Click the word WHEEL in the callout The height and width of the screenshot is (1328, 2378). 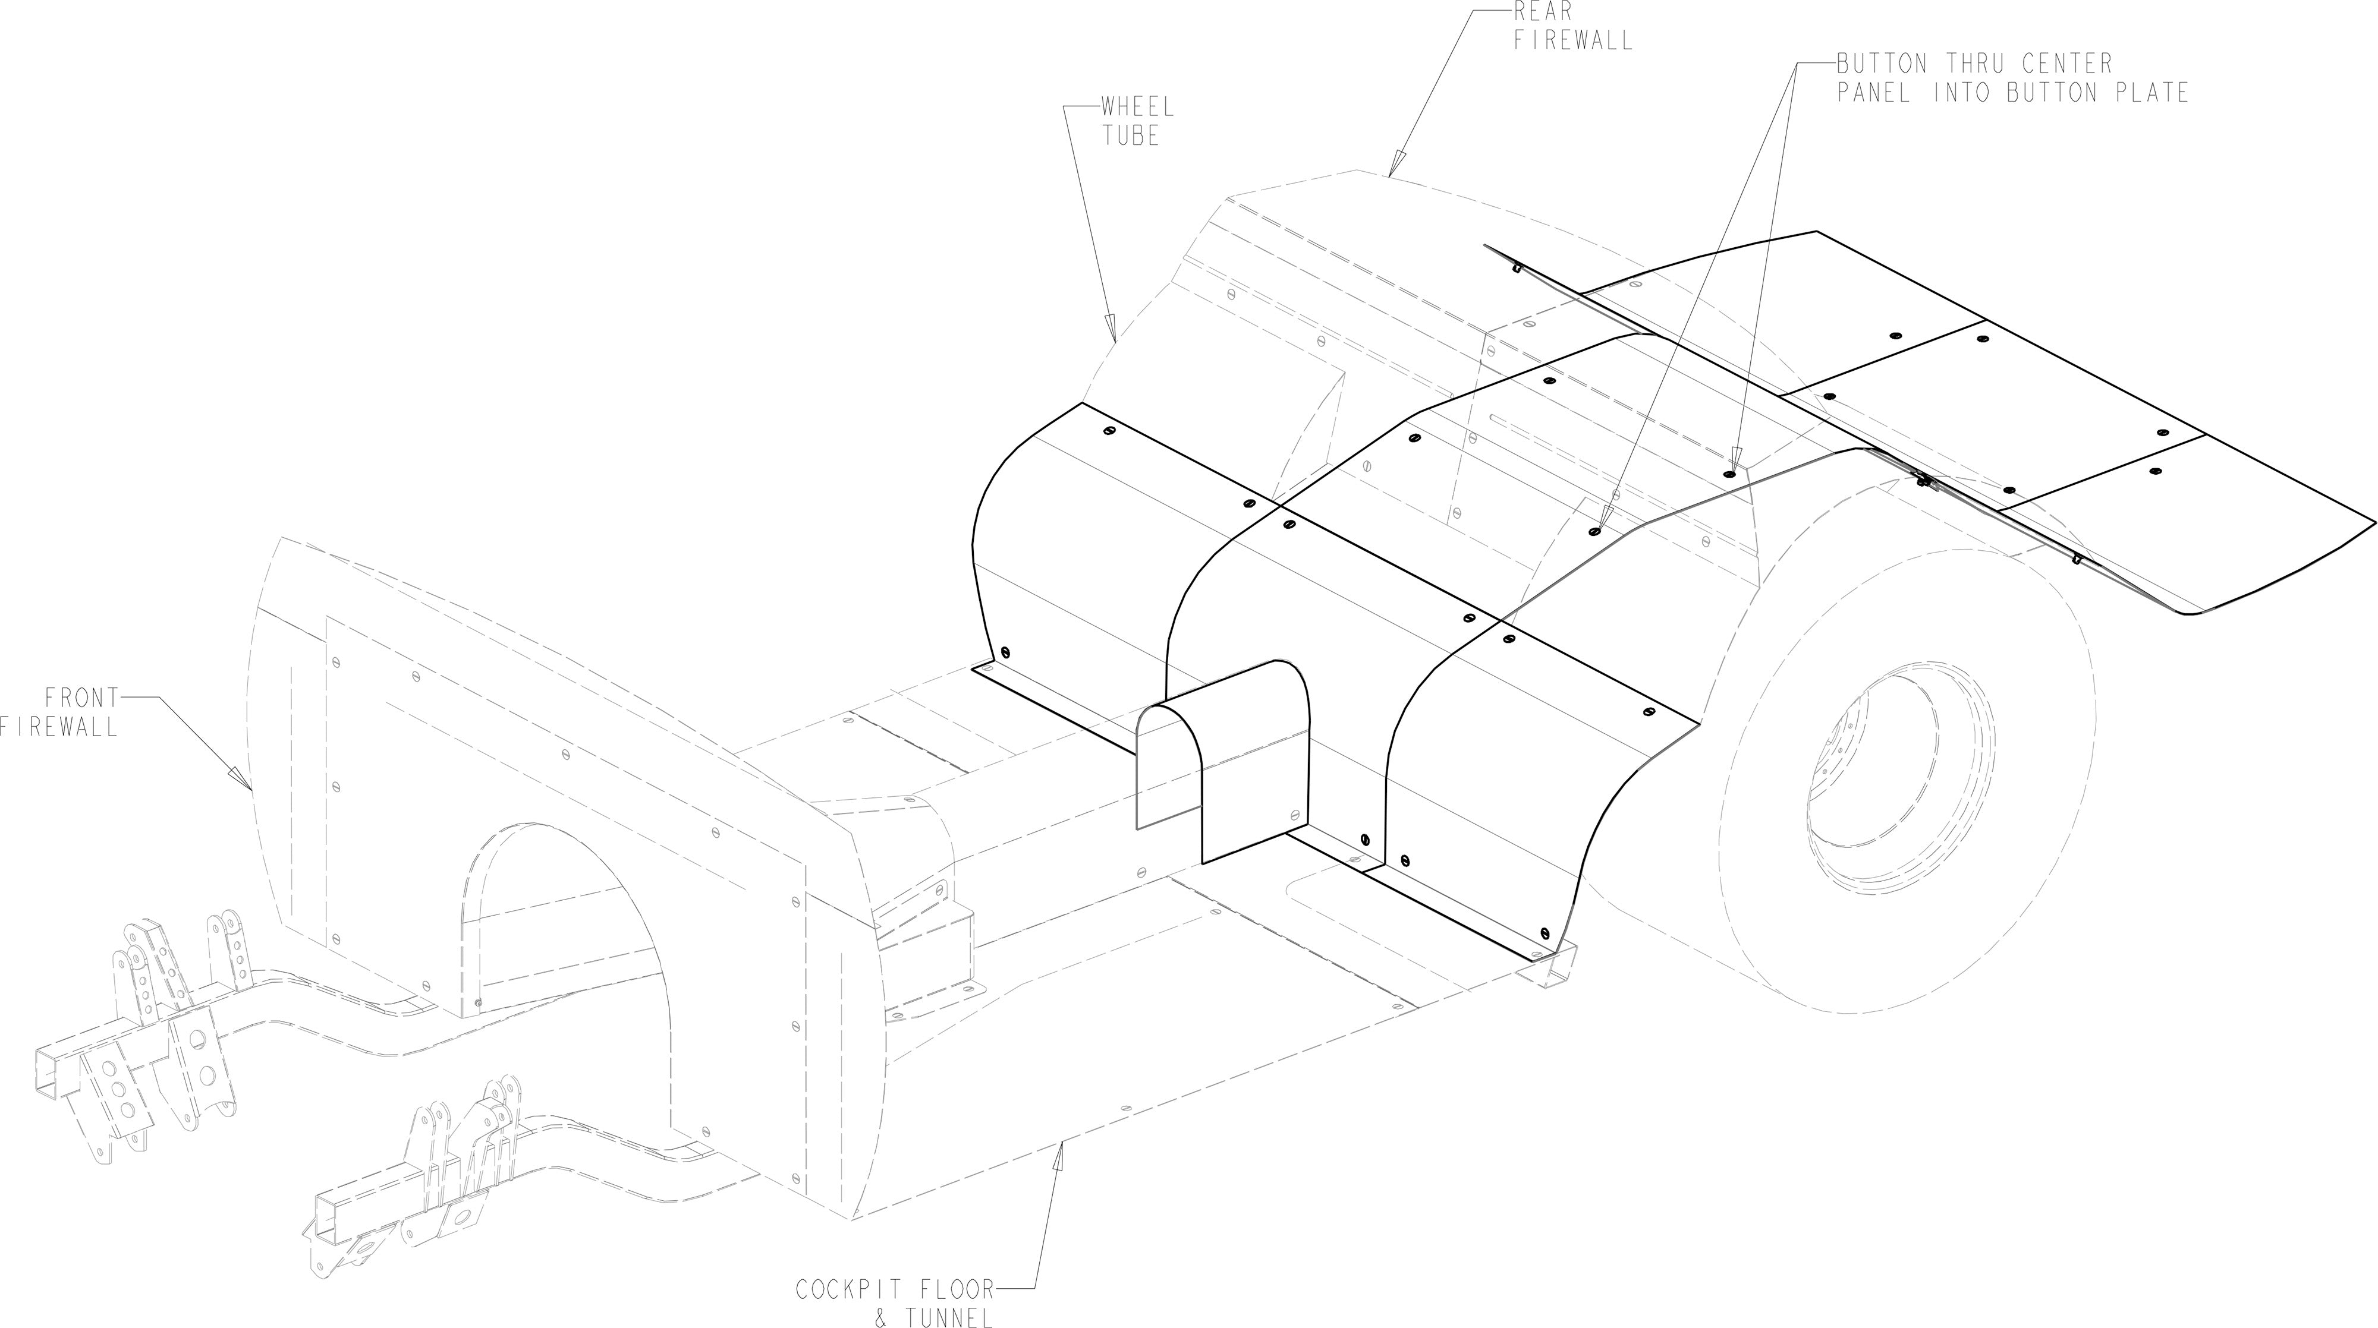[1137, 107]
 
